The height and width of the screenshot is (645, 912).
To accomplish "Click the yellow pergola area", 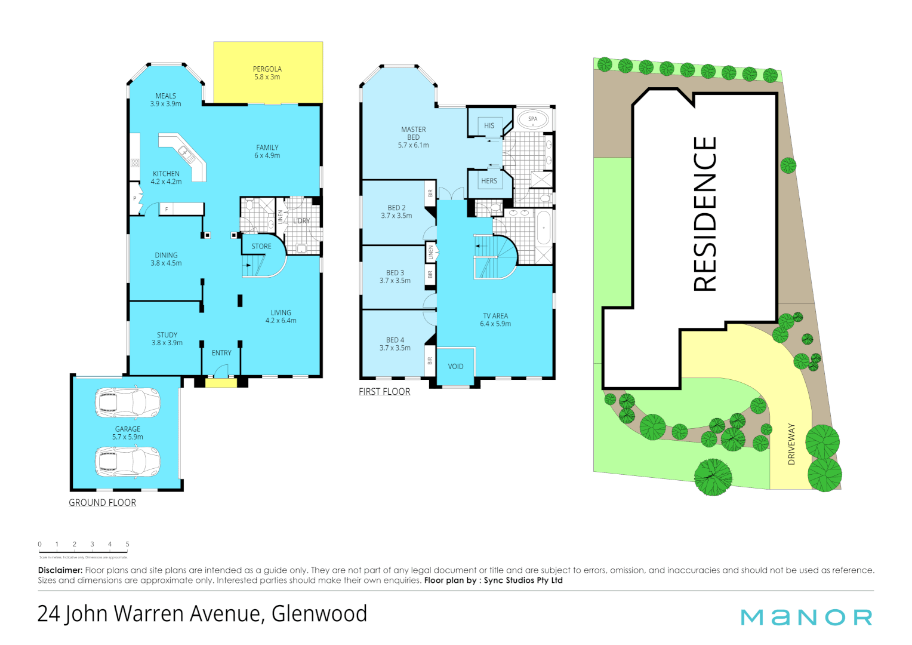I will tap(268, 73).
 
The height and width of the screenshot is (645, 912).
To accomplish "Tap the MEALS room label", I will tap(166, 96).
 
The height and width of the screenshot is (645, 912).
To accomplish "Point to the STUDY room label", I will tap(167, 335).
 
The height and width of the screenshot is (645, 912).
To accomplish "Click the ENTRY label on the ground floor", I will tap(221, 353).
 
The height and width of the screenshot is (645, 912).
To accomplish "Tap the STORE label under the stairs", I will tap(261, 246).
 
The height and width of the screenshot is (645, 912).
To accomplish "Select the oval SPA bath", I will tap(532, 119).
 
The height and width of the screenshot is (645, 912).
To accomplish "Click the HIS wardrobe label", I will tap(489, 126).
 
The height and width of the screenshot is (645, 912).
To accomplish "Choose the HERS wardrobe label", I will tap(489, 181).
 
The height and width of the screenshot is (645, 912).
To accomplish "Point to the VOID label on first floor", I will tap(455, 367).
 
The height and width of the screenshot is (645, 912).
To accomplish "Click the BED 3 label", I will tap(395, 273).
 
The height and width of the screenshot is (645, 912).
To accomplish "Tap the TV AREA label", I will tap(495, 316).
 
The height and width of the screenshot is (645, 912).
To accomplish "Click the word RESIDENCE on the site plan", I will tap(705, 214).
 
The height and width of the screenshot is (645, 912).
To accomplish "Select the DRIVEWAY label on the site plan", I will tap(791, 444).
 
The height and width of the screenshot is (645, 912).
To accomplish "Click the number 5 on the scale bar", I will tap(127, 544).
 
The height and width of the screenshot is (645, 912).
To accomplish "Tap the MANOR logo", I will tap(806, 617).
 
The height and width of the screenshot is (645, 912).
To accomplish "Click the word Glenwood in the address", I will tap(319, 614).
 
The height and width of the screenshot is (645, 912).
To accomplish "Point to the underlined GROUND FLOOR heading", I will tap(103, 503).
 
